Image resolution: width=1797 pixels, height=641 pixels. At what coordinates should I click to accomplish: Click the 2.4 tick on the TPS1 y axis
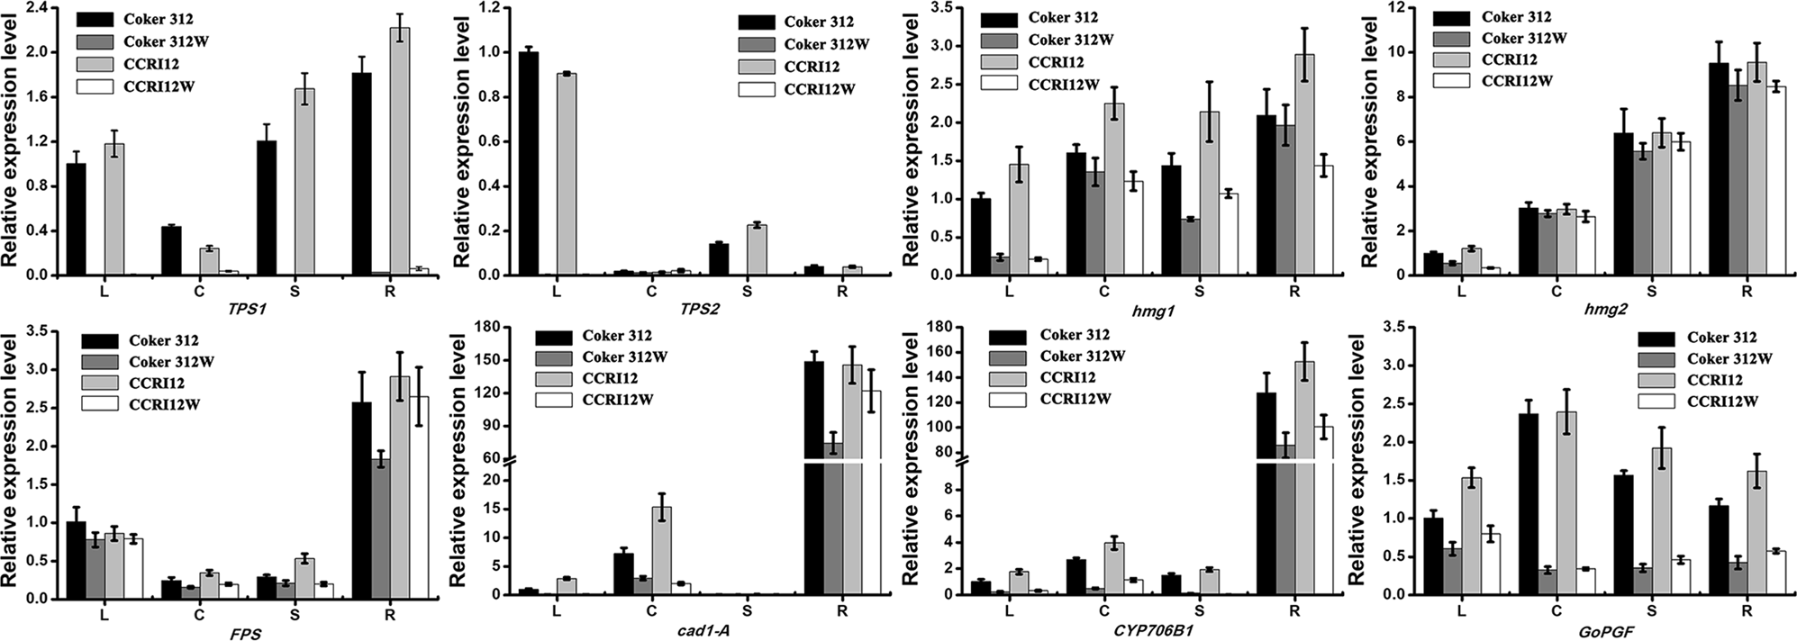coord(32,8)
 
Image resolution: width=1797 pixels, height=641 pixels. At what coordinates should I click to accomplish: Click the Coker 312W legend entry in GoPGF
coord(1729,359)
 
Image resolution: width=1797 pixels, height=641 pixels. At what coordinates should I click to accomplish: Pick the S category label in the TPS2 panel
coord(747,292)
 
